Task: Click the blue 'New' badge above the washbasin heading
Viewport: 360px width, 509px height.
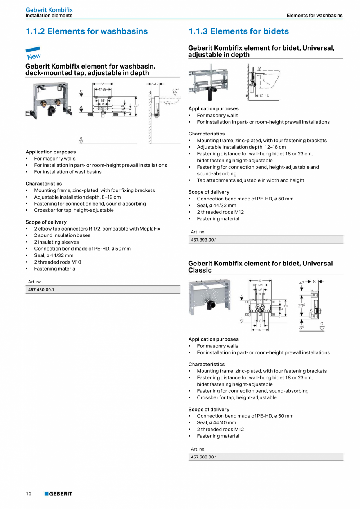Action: (33, 54)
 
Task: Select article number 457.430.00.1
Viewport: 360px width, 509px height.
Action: (41, 290)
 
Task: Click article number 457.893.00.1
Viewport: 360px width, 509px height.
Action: (204, 240)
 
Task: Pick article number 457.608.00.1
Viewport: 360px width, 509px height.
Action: (204, 457)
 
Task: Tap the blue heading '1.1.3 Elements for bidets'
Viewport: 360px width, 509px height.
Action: (238, 31)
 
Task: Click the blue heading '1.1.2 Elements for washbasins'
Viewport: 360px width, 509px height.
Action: (86, 31)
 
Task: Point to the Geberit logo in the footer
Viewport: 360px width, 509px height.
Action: (58, 494)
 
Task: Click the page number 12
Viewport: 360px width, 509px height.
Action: (29, 494)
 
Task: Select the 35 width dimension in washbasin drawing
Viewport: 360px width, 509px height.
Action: (103, 84)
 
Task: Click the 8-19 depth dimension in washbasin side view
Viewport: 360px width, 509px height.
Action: (155, 84)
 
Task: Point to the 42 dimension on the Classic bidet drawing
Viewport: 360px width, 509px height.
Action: (260, 280)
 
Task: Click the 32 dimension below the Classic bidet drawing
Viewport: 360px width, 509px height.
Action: (260, 330)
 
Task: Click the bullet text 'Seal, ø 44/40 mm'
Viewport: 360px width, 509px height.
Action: (216, 422)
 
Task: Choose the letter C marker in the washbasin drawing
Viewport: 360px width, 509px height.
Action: (81, 92)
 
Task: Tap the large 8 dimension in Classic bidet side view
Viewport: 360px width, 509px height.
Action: (314, 281)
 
